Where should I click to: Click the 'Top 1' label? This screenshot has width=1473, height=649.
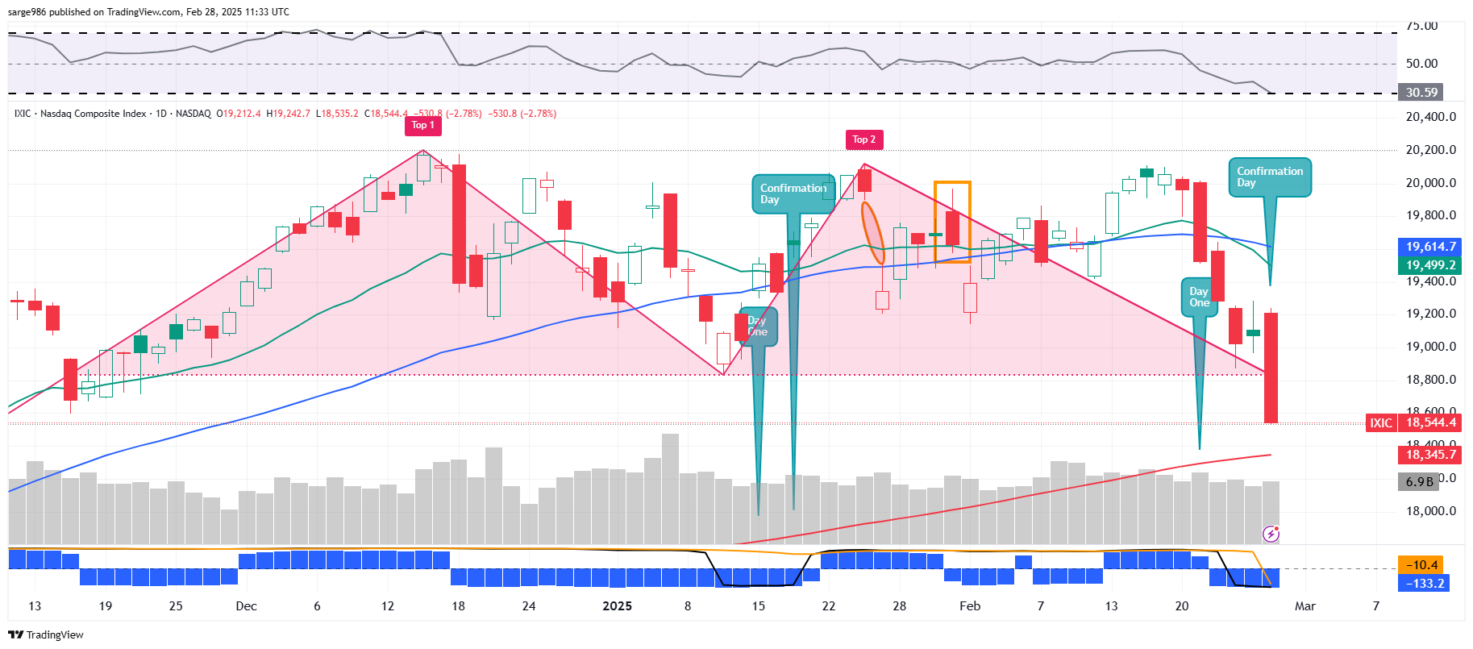pyautogui.click(x=422, y=125)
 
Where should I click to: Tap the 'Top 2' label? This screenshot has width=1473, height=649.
pyautogui.click(x=863, y=139)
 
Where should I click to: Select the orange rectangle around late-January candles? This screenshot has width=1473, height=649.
pyautogui.click(x=952, y=183)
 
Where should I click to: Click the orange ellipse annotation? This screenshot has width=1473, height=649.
pyautogui.click(x=872, y=233)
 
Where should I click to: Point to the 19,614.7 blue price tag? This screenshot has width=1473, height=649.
pyautogui.click(x=1429, y=247)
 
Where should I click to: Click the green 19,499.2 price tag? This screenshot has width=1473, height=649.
pyautogui.click(x=1429, y=265)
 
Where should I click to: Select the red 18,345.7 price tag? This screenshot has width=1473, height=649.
pyautogui.click(x=1429, y=455)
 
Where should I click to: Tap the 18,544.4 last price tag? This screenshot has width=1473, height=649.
pyautogui.click(x=1429, y=422)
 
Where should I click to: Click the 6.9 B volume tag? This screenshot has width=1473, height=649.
pyautogui.click(x=1418, y=482)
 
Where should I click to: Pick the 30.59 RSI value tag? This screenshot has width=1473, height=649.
pyautogui.click(x=1421, y=93)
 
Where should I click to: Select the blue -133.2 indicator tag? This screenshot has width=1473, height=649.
pyautogui.click(x=1423, y=583)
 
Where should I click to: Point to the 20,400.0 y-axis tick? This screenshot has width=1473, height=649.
pyautogui.click(x=1430, y=117)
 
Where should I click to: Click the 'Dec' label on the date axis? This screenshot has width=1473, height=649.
pyautogui.click(x=246, y=606)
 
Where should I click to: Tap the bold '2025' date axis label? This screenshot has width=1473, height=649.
pyautogui.click(x=617, y=606)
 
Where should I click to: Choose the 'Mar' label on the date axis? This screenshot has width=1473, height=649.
pyautogui.click(x=1304, y=606)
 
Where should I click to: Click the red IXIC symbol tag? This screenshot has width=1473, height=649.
pyautogui.click(x=1380, y=422)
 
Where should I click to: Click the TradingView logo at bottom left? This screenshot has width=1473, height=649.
pyautogui.click(x=46, y=634)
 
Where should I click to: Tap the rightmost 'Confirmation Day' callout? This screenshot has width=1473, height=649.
pyautogui.click(x=1270, y=177)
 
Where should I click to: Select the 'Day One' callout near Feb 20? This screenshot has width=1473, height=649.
pyautogui.click(x=1199, y=297)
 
